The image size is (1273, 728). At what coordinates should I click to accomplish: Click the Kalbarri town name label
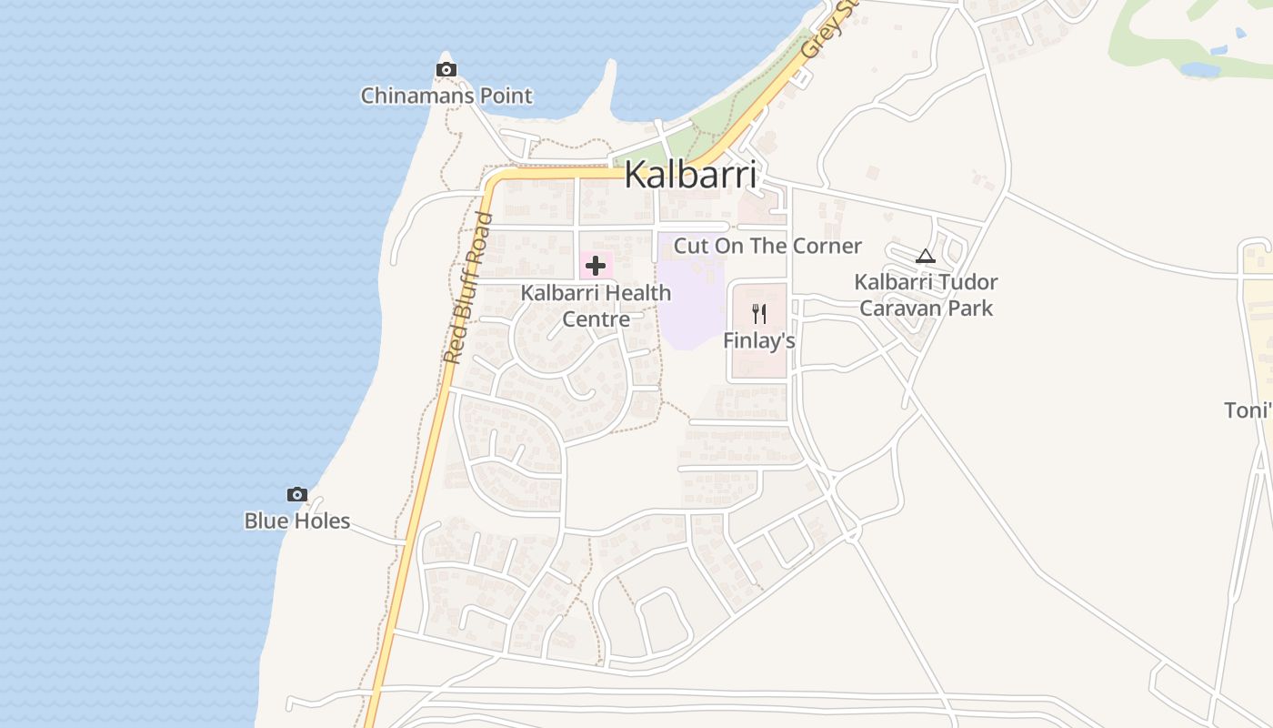click(x=690, y=175)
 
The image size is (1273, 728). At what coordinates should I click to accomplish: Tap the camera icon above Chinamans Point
click(x=446, y=69)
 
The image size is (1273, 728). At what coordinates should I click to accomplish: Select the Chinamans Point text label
click(x=446, y=96)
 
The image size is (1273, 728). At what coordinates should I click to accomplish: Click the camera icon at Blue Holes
click(x=297, y=494)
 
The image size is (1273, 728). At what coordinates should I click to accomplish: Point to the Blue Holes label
click(x=297, y=521)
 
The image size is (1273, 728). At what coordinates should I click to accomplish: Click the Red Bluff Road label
click(x=467, y=288)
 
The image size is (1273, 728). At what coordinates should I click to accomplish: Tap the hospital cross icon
click(x=596, y=266)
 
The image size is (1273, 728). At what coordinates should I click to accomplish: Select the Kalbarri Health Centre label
click(x=596, y=306)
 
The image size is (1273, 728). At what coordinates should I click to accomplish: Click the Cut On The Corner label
click(x=767, y=246)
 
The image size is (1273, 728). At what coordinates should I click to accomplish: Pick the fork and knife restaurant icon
click(x=759, y=314)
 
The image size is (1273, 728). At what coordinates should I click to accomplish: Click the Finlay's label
click(x=759, y=340)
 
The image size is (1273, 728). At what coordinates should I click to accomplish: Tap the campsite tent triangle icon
click(x=926, y=256)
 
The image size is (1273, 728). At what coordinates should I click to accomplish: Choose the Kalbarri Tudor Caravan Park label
click(x=926, y=295)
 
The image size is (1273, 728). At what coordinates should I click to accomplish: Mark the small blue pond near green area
click(x=1200, y=69)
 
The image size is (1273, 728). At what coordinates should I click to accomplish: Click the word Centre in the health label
click(x=596, y=319)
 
